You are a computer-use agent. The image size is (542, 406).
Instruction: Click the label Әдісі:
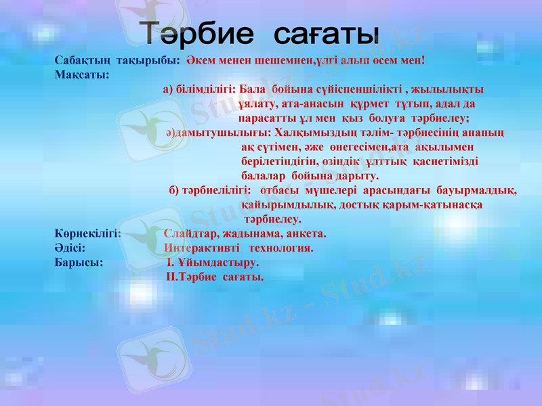click(x=70, y=248)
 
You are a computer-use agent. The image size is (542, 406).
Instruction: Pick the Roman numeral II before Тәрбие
click(x=171, y=276)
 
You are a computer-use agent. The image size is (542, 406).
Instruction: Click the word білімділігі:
click(x=205, y=89)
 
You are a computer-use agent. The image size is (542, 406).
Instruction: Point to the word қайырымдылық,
click(x=288, y=204)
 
